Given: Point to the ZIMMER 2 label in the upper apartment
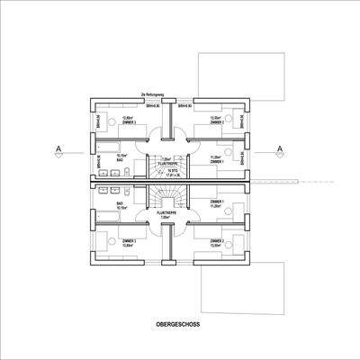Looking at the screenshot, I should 216,122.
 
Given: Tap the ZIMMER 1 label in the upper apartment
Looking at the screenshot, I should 216,161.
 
